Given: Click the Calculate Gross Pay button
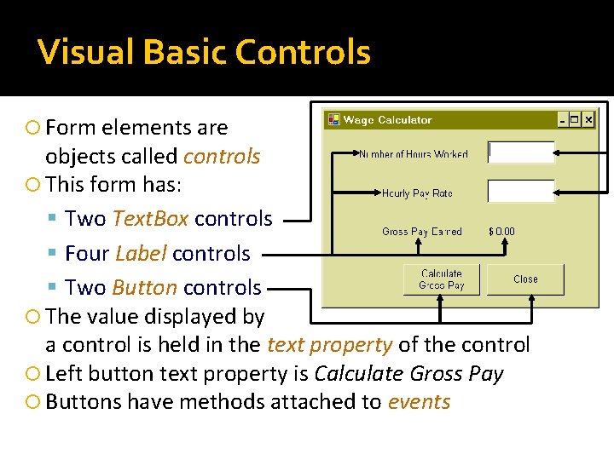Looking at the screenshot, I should pos(441,279).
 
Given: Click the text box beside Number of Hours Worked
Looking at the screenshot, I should pos(521,152).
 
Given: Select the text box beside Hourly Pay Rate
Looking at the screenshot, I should pos(521,191).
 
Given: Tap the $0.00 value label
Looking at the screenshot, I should pos(501,231).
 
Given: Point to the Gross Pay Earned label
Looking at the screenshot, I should pos(421,231).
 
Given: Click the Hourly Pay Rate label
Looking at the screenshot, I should pos(417,193).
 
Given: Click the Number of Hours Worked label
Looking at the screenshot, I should pos(413,154).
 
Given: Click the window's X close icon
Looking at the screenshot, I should pos(588,120).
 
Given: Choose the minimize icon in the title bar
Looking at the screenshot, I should pos(562,120).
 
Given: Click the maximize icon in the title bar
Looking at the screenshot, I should pos(575,120).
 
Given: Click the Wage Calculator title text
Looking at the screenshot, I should pos(387,120).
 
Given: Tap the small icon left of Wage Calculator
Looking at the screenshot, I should pos(333,120).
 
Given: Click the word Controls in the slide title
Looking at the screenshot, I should pos(303,52).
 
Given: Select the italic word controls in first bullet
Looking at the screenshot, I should pos(222,157).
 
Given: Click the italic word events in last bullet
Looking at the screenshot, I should pos(419,402).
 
